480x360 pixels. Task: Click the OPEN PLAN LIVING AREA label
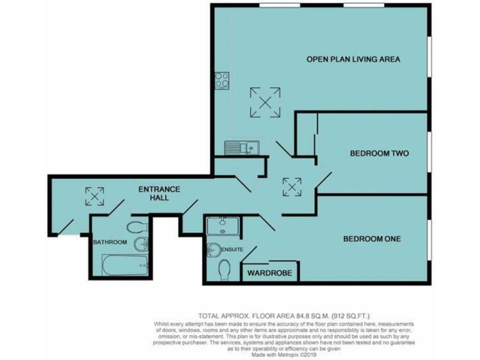click(x=352, y=59)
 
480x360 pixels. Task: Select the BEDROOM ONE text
click(x=371, y=239)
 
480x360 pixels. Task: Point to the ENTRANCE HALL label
click(x=159, y=193)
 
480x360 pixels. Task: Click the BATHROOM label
click(x=110, y=242)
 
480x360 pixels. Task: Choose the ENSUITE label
click(x=233, y=249)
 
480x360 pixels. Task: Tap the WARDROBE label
click(x=271, y=273)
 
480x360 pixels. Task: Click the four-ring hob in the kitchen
click(x=221, y=80)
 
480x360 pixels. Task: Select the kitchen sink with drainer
click(x=242, y=147)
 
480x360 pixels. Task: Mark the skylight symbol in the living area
click(x=265, y=102)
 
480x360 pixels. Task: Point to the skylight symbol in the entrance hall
click(x=94, y=196)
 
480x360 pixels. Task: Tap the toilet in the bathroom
click(x=137, y=226)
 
